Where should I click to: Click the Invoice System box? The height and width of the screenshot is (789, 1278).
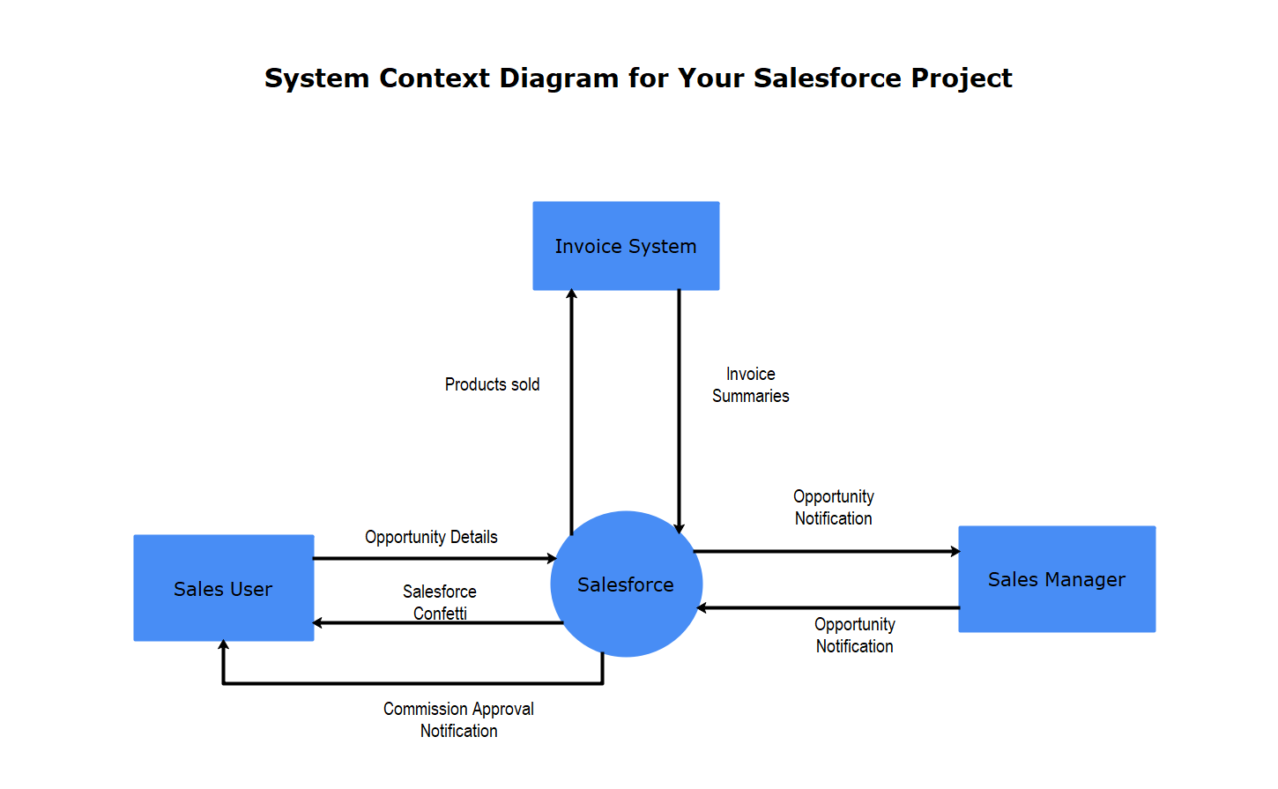click(626, 246)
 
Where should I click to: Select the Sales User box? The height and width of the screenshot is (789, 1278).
click(223, 588)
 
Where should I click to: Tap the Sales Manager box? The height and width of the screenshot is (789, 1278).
click(1057, 579)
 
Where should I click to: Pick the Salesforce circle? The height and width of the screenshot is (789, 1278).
click(626, 584)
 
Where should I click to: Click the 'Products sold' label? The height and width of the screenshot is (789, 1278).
click(492, 384)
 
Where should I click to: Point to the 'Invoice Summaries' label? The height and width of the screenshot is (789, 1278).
click(750, 385)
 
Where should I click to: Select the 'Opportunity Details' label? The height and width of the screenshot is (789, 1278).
click(431, 537)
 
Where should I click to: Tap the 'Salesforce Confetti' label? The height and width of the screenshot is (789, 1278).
click(440, 601)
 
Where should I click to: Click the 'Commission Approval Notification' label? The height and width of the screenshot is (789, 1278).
click(458, 719)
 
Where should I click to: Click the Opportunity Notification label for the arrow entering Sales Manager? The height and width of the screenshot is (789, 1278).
click(833, 507)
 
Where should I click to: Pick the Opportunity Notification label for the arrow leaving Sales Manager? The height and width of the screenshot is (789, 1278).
click(854, 635)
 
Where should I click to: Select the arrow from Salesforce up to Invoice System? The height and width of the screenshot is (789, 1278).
click(571, 414)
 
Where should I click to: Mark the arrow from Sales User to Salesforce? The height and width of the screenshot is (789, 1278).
click(432, 558)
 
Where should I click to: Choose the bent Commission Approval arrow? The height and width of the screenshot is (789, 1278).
click(414, 683)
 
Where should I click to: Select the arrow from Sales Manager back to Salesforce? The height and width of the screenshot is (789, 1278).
click(828, 607)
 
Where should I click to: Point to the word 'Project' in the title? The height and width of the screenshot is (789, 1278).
click(962, 78)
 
